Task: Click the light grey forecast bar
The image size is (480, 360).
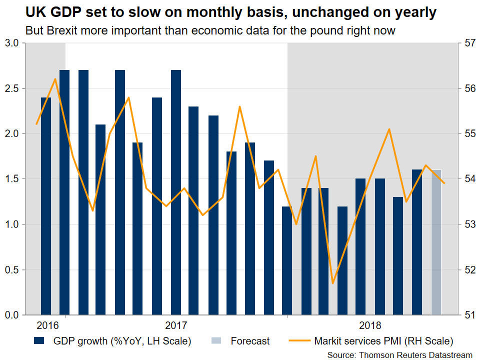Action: (x=436, y=242)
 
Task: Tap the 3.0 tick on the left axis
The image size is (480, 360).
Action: (x=12, y=43)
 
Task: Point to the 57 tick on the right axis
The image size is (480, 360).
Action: (x=469, y=43)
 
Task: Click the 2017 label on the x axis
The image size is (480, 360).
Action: (x=176, y=325)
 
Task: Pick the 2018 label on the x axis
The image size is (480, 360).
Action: (x=370, y=325)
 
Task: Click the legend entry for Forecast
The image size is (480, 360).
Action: (x=250, y=341)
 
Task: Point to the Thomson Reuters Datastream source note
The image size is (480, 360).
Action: (x=400, y=354)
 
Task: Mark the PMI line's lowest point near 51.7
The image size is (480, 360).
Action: (x=333, y=283)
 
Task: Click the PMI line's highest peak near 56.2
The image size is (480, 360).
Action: (x=55, y=79)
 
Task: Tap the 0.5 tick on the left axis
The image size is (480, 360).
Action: (x=12, y=270)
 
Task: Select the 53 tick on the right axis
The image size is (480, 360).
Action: (x=469, y=224)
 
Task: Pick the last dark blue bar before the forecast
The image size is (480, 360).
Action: (x=417, y=242)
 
